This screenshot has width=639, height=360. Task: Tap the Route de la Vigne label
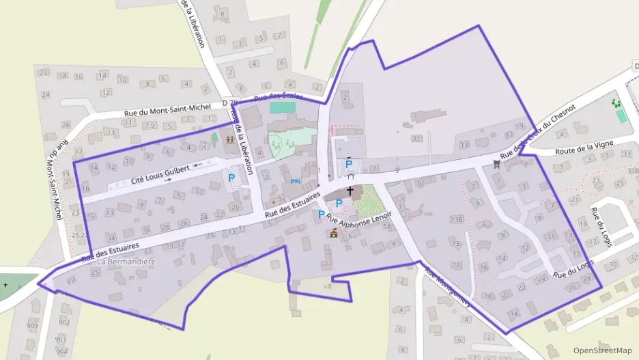585,147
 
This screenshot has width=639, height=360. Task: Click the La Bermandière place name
126,262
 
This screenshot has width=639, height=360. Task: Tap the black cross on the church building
350,191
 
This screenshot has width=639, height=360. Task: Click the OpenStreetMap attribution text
602,350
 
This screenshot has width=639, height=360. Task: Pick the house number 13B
457,219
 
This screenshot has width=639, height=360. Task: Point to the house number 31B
632,171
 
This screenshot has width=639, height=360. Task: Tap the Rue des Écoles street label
278,97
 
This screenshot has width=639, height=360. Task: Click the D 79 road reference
229,103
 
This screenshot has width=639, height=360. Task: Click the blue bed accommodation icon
295,181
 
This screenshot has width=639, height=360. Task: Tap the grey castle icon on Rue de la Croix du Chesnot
496,163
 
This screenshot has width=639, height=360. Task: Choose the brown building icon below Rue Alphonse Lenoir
334,234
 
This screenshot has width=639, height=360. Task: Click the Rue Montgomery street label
447,286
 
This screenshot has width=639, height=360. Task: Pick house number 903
61,340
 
